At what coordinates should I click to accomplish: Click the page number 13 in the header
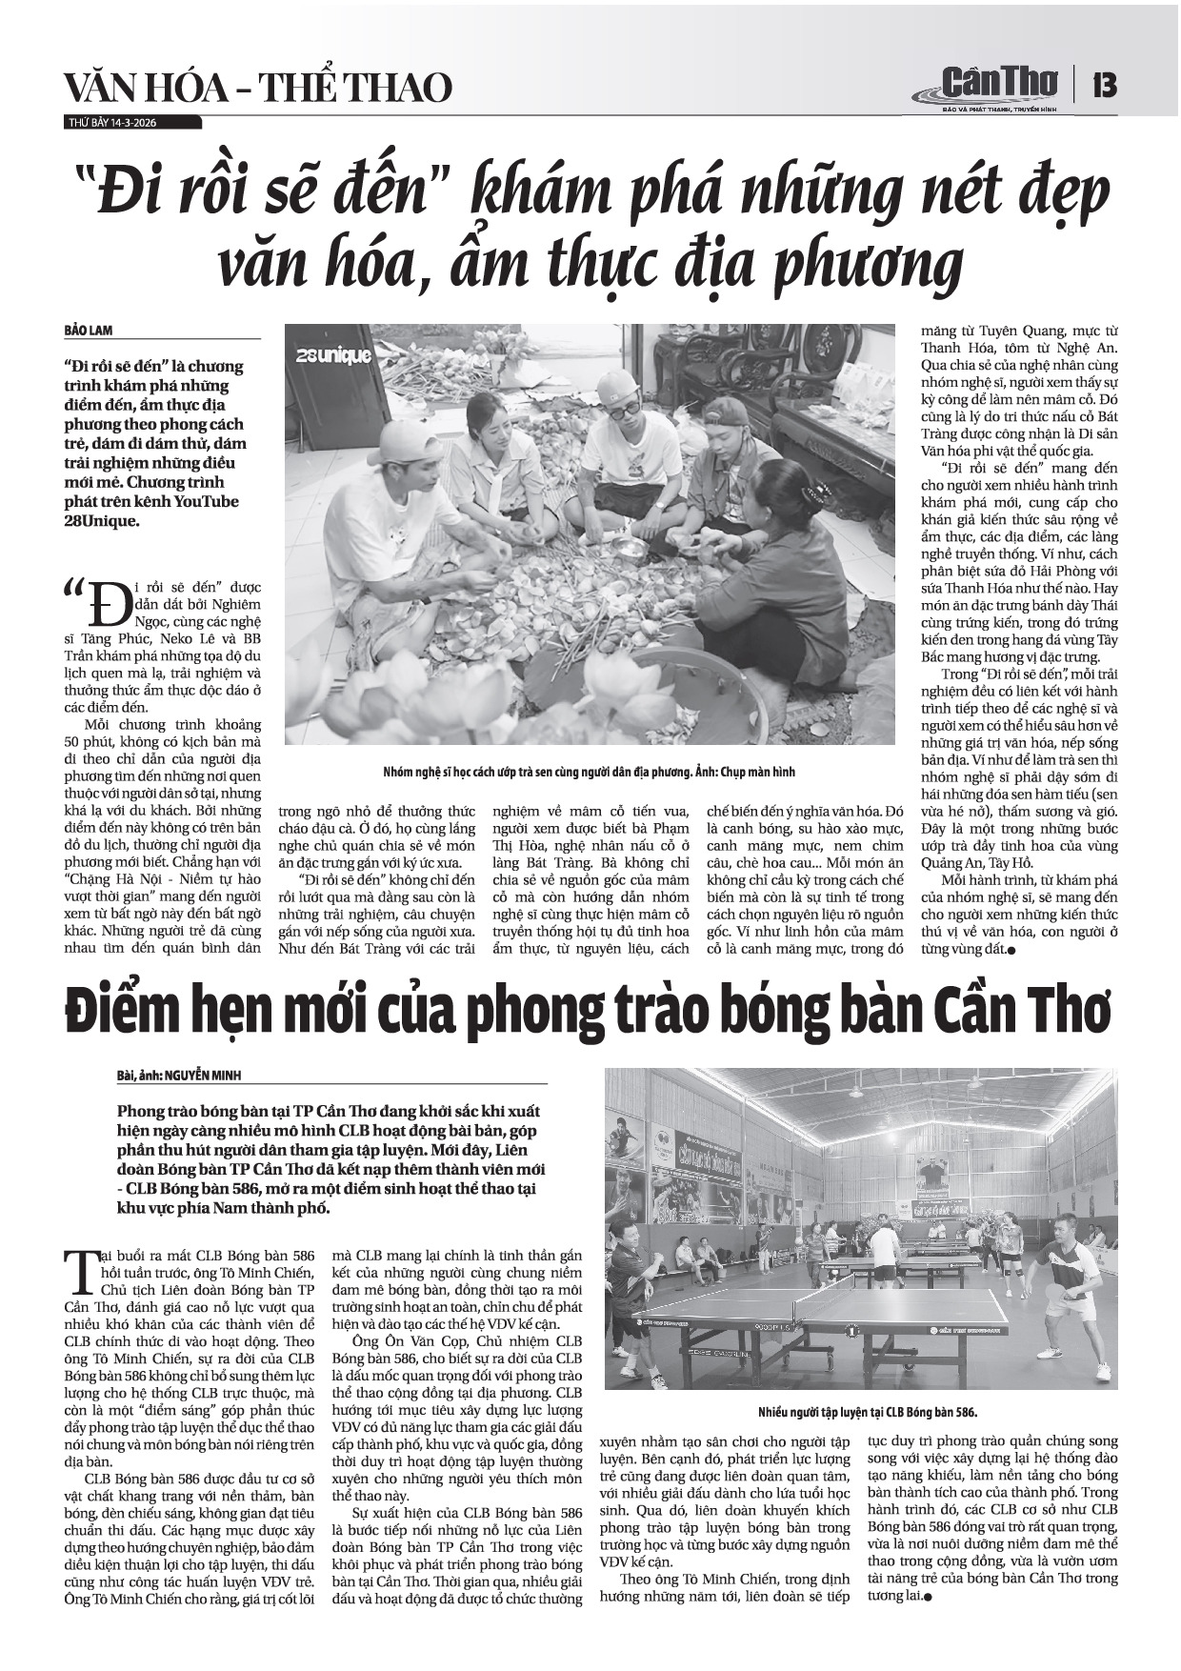[1105, 86]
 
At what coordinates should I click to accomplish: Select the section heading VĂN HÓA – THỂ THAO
[257, 88]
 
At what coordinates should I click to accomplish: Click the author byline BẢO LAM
[90, 330]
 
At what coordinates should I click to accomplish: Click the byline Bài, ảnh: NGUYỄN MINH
[180, 1075]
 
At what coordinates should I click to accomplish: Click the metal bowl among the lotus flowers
[630, 547]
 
